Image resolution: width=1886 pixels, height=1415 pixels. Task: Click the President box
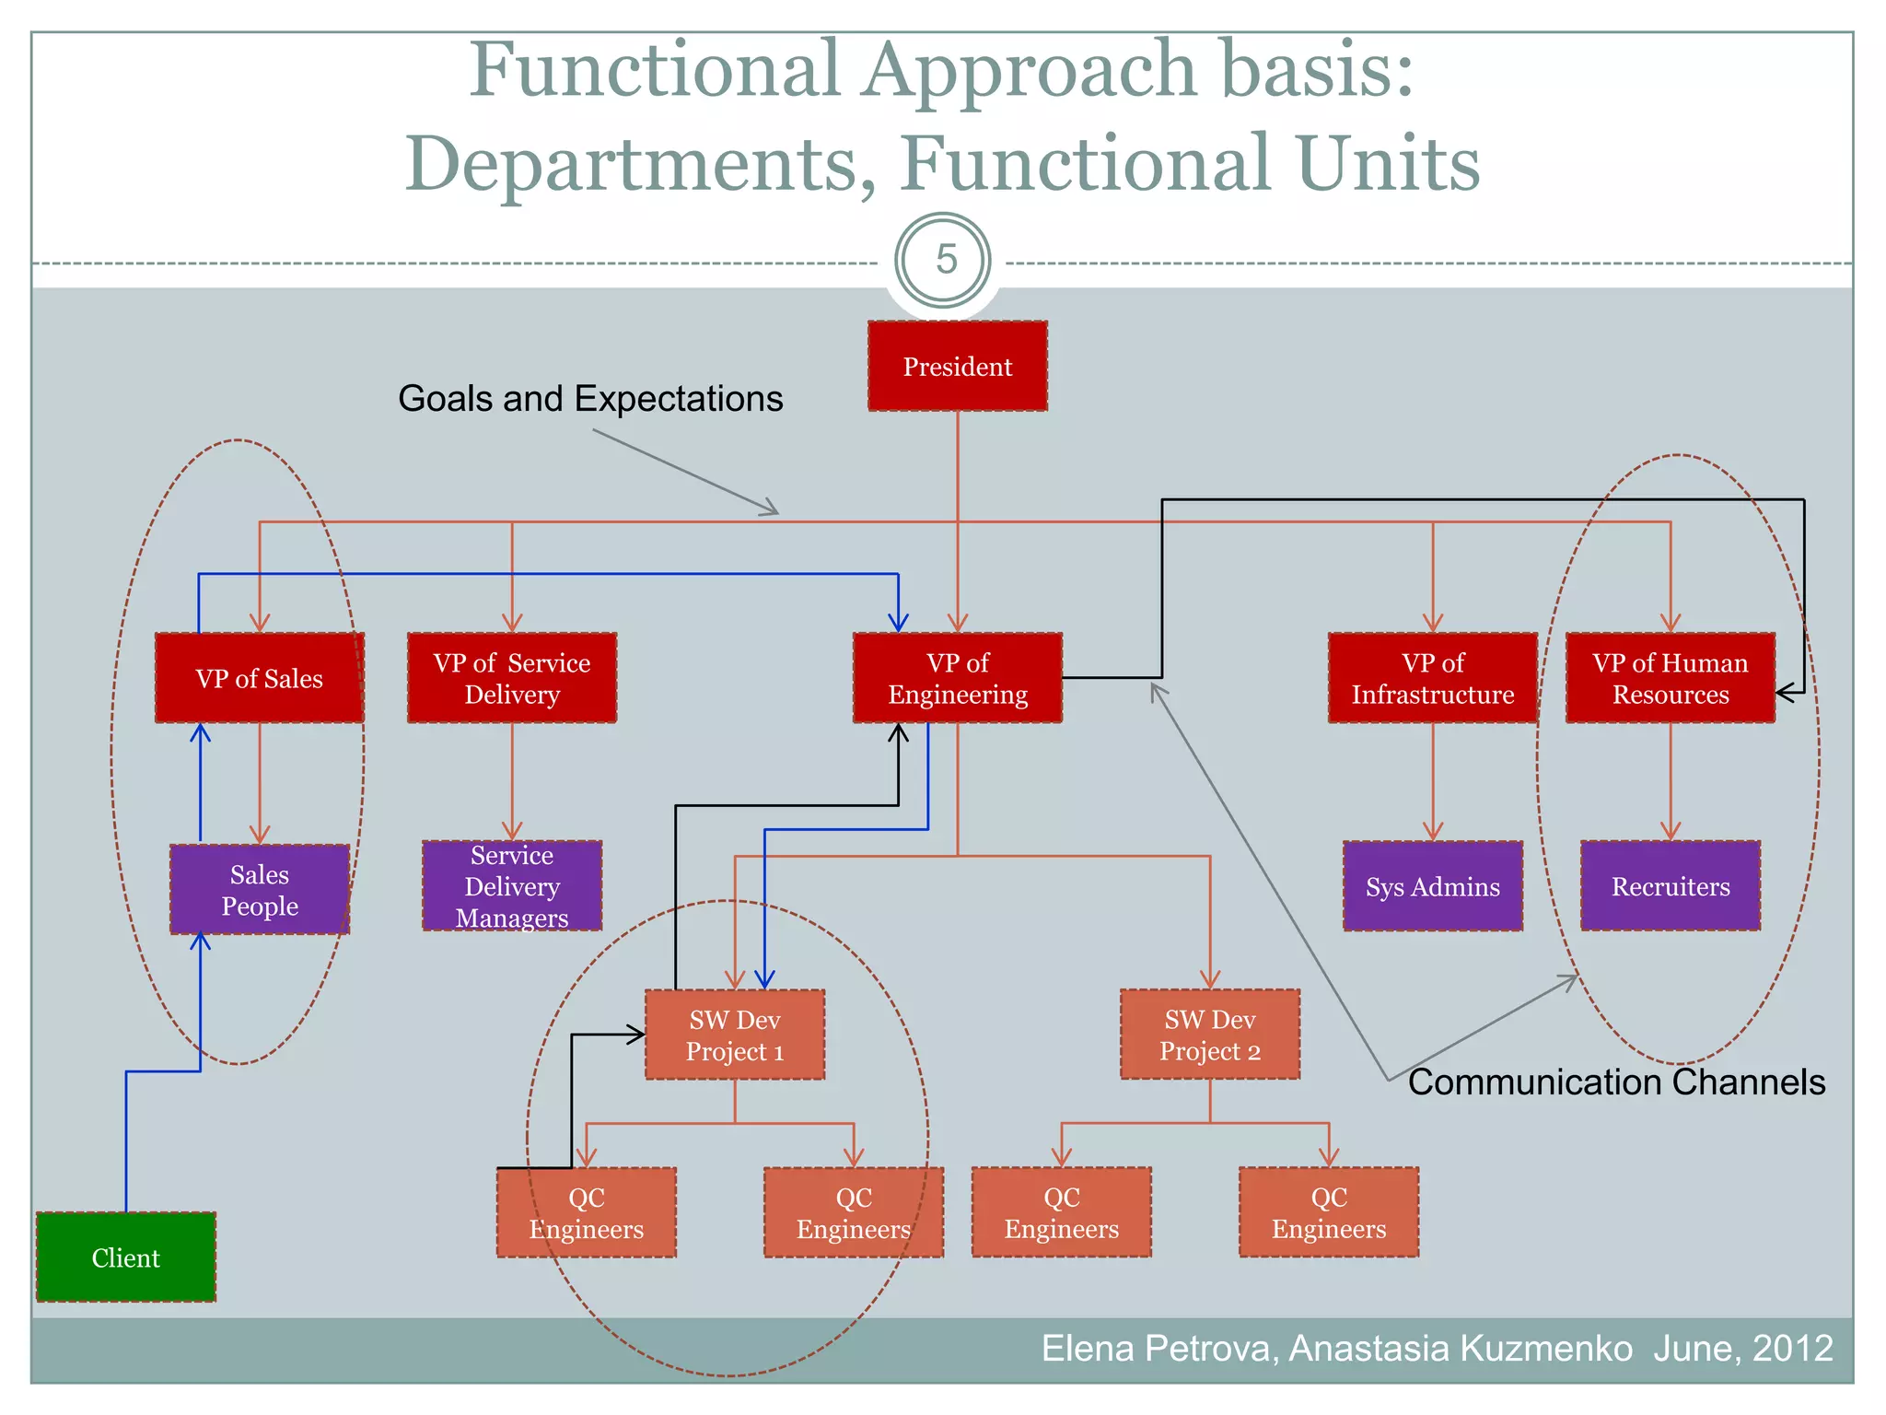957,366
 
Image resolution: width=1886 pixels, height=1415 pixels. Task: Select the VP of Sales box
259,678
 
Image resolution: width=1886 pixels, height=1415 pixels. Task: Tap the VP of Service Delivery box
512,678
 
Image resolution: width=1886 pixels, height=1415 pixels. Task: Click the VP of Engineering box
957,678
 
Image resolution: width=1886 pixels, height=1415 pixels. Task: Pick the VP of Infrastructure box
1432,678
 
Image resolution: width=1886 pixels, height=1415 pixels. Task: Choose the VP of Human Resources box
1670,678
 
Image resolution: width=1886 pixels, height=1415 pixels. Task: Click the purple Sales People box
259,889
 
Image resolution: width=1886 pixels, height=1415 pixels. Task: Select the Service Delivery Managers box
512,886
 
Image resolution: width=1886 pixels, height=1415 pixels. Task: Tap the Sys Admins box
1432,886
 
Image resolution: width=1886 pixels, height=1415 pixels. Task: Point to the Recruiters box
1670,886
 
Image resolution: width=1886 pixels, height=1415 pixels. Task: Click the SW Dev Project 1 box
734,1035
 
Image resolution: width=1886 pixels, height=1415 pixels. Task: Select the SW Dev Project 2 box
1209,1035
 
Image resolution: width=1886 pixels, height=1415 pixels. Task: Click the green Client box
126,1257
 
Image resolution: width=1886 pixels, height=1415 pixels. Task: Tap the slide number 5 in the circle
945,260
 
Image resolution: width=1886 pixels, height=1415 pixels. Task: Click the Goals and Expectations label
590,399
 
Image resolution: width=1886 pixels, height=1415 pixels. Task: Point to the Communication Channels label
1616,1082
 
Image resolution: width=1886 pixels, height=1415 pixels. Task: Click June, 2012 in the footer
1742,1348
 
